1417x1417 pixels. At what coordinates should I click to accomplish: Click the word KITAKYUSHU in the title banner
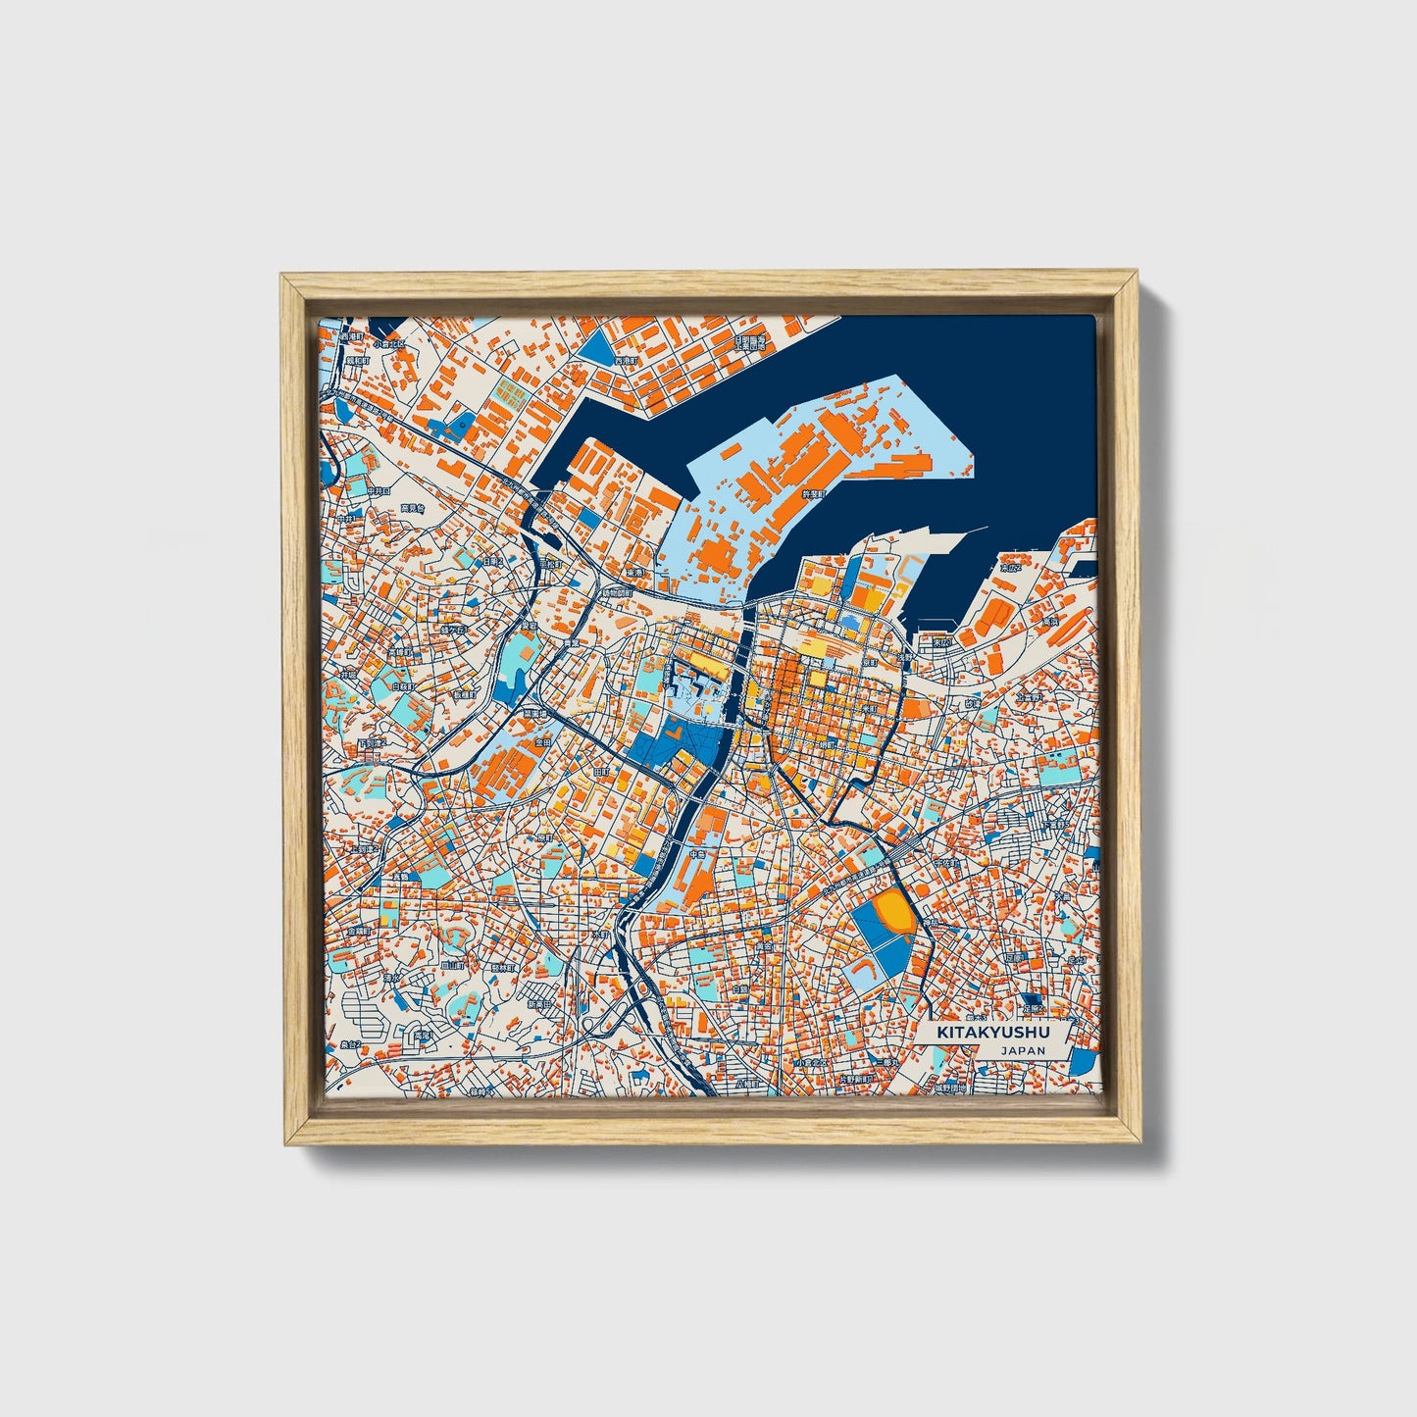(992, 1033)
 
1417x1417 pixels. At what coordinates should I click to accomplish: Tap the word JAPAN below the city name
(1023, 1050)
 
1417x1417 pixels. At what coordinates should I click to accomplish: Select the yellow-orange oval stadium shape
(895, 910)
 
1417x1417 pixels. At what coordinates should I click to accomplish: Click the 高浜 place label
(1050, 621)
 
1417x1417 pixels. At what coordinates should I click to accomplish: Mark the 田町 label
(601, 773)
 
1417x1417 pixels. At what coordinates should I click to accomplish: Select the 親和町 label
(358, 360)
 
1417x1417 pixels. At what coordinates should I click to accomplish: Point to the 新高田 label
(540, 1004)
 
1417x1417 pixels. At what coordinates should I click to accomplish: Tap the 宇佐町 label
(946, 863)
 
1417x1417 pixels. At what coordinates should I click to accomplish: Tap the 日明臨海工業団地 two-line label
(753, 343)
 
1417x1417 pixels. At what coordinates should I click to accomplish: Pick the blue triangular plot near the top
(595, 344)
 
